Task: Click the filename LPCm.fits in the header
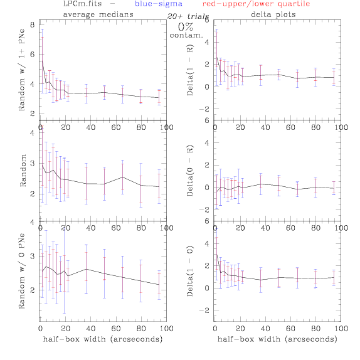point(82,4)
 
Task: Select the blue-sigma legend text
point(159,4)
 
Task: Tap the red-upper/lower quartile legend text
point(256,4)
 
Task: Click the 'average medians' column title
point(98,14)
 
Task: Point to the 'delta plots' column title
point(273,14)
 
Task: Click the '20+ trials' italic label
point(188,16)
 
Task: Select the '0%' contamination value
point(186,27)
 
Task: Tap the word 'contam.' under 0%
point(186,35)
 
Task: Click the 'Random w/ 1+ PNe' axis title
point(22,70)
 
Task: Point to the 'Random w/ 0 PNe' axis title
point(22,271)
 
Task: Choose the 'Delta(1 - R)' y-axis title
point(190,70)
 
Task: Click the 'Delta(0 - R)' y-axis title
point(190,171)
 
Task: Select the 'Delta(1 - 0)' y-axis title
point(190,271)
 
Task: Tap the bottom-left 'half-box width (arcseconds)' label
point(103,339)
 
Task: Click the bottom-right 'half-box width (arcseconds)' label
point(277,339)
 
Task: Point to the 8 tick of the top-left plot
point(33,24)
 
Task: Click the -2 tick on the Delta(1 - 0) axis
point(204,310)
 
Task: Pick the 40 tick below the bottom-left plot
point(91,329)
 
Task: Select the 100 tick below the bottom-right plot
point(341,329)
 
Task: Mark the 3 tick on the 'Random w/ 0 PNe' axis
point(33,256)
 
